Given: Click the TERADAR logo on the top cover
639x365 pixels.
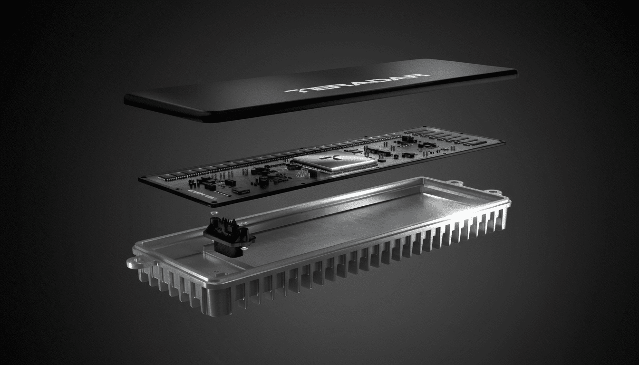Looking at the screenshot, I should coord(357,84).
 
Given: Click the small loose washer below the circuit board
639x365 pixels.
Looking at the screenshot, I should coord(213,213).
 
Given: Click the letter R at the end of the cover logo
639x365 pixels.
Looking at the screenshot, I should coord(418,76).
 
